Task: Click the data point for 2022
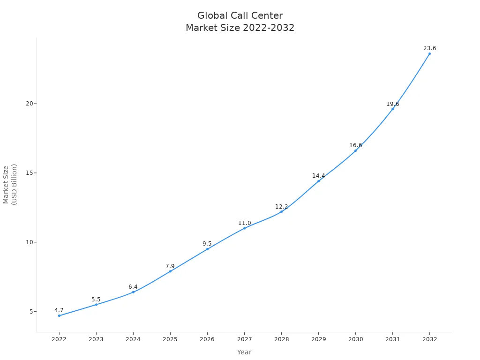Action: point(59,315)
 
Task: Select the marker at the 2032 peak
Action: point(429,53)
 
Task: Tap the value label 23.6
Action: point(429,48)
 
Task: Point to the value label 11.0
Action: point(244,223)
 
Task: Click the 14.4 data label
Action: point(318,176)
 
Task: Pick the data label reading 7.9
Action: point(170,266)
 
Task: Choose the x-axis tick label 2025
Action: point(170,339)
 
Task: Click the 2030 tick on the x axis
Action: point(355,339)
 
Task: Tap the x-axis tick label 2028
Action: point(281,339)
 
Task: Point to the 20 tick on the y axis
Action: point(29,104)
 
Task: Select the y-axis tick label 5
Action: point(31,312)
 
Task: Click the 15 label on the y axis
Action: point(29,173)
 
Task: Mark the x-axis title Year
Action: point(244,352)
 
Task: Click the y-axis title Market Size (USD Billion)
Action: point(10,184)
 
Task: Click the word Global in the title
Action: point(210,15)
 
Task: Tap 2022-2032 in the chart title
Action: point(269,28)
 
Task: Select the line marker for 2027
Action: point(244,228)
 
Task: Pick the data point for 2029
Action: point(318,181)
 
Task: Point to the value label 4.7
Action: point(59,310)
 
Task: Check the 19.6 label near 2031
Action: point(392,104)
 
